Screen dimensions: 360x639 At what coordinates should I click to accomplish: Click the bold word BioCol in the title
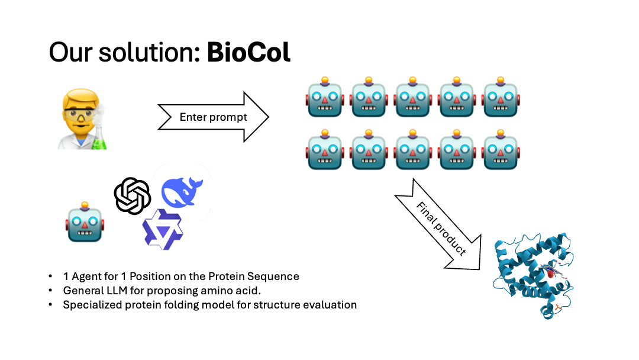tap(248, 53)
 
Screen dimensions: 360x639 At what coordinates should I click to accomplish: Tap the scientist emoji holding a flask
tap(82, 118)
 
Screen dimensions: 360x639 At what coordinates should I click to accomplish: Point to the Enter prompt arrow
tap(213, 117)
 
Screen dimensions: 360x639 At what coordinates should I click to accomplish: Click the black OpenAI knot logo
tap(133, 196)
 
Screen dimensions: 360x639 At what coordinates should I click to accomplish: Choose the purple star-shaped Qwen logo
tap(162, 229)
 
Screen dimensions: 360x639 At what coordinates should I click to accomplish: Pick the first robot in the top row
tap(324, 98)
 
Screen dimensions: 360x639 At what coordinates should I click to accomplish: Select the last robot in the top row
tap(501, 98)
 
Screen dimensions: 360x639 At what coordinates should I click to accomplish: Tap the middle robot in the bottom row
tap(412, 149)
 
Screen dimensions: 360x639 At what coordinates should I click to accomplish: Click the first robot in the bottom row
tap(324, 149)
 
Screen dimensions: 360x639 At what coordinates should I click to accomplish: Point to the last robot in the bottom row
tap(501, 149)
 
